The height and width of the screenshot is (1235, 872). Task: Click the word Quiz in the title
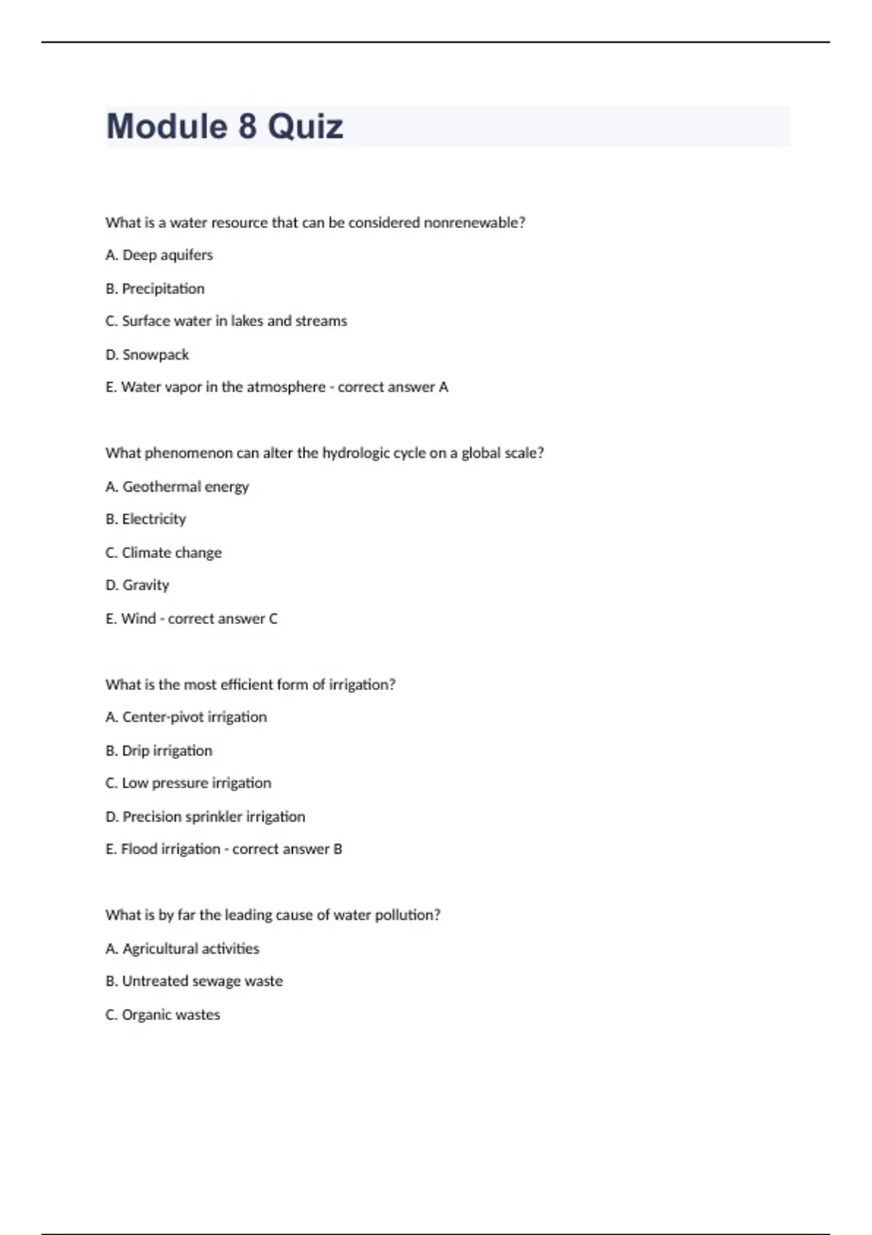(305, 126)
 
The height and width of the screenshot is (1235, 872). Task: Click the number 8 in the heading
(247, 126)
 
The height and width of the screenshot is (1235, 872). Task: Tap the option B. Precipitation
(155, 288)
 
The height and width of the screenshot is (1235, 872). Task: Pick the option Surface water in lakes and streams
(226, 321)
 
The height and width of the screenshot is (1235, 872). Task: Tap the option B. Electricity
(145, 519)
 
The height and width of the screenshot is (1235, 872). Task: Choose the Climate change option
(163, 553)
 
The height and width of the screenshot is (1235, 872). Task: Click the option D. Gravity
(137, 585)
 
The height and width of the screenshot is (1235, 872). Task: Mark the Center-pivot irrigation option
(186, 717)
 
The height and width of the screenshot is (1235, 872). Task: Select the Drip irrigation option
(159, 750)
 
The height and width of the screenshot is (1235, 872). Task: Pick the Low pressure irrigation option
(188, 783)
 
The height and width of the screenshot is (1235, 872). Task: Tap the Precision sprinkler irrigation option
(205, 817)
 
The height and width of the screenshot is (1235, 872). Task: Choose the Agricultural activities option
(182, 949)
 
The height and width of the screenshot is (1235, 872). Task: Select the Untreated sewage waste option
(194, 981)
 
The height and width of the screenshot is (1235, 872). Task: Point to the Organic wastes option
(163, 1015)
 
